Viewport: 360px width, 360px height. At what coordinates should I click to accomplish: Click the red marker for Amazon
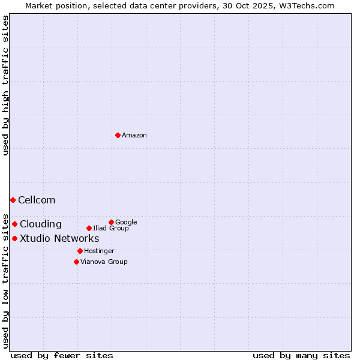coord(118,135)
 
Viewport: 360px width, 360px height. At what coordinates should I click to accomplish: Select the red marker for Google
coord(111,222)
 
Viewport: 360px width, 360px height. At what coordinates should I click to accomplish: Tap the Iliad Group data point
coord(89,228)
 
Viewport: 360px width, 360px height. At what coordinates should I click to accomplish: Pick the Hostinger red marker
coord(80,251)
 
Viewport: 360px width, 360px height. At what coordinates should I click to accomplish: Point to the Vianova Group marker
coord(76,262)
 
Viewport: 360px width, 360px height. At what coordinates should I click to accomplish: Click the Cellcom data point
coord(13,200)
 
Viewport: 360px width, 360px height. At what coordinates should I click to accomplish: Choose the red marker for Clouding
coord(14,224)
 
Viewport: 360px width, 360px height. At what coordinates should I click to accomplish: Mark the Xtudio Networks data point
coord(14,238)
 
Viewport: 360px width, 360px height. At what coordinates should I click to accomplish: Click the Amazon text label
coord(134,136)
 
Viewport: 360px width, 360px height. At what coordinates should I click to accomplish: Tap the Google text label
coord(126,223)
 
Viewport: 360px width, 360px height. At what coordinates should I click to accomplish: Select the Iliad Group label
coord(111,229)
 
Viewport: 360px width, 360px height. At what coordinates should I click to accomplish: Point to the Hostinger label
coord(99,251)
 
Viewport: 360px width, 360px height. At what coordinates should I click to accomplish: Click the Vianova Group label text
coord(104,262)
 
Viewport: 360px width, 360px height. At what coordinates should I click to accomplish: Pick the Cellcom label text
coord(37,200)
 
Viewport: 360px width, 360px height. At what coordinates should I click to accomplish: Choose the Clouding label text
coord(40,224)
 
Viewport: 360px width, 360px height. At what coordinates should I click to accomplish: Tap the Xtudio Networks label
coord(59,239)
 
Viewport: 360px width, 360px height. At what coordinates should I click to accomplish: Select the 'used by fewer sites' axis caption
coord(62,356)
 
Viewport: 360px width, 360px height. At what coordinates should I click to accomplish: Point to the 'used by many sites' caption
coord(301,356)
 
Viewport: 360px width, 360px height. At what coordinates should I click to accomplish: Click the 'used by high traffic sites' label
coord(5,85)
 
